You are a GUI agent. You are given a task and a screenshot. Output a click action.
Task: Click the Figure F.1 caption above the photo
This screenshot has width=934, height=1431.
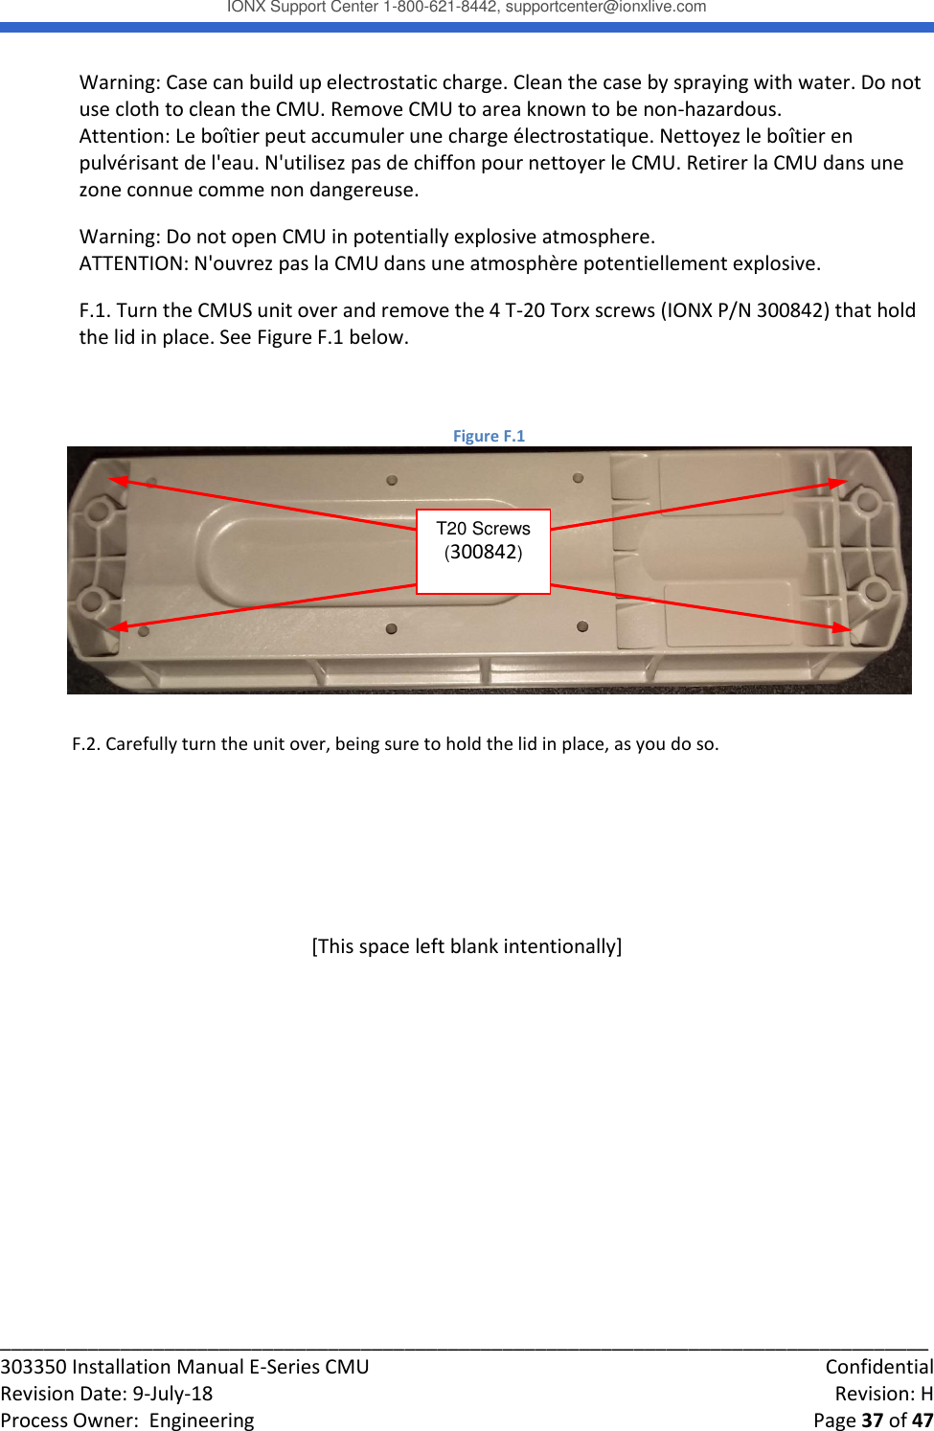coord(489,436)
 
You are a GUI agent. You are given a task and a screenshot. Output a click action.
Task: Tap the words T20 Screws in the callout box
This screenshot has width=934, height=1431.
coord(483,529)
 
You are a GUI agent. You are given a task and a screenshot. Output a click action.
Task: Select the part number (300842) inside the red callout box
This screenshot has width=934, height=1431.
coord(483,552)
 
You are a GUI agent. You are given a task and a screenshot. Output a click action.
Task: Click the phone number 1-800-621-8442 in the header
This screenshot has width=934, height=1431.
coord(440,7)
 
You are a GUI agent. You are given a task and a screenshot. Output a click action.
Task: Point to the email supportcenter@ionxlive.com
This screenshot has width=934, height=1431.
coord(605,7)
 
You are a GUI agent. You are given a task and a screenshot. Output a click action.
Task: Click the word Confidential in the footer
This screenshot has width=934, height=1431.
coord(878,1367)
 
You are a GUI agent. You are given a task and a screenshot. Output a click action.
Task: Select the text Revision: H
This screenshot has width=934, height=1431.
coord(883,1394)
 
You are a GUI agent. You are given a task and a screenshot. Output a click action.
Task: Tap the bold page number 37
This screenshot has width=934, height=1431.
coord(872,1420)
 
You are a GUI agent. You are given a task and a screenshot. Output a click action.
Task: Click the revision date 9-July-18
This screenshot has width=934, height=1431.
coord(172,1394)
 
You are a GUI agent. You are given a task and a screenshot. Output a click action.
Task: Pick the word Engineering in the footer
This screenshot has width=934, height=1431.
coord(201,1420)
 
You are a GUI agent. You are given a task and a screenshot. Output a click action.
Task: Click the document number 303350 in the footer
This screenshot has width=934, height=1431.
coord(34,1367)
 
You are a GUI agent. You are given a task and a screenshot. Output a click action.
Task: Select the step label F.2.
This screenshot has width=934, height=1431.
coord(85,744)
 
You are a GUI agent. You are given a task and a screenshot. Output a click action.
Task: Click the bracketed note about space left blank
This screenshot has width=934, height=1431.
coord(467,946)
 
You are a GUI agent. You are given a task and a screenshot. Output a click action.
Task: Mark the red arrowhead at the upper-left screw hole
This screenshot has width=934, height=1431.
coord(117,480)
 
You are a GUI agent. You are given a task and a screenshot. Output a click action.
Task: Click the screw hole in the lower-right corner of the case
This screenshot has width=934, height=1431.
coord(873,590)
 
